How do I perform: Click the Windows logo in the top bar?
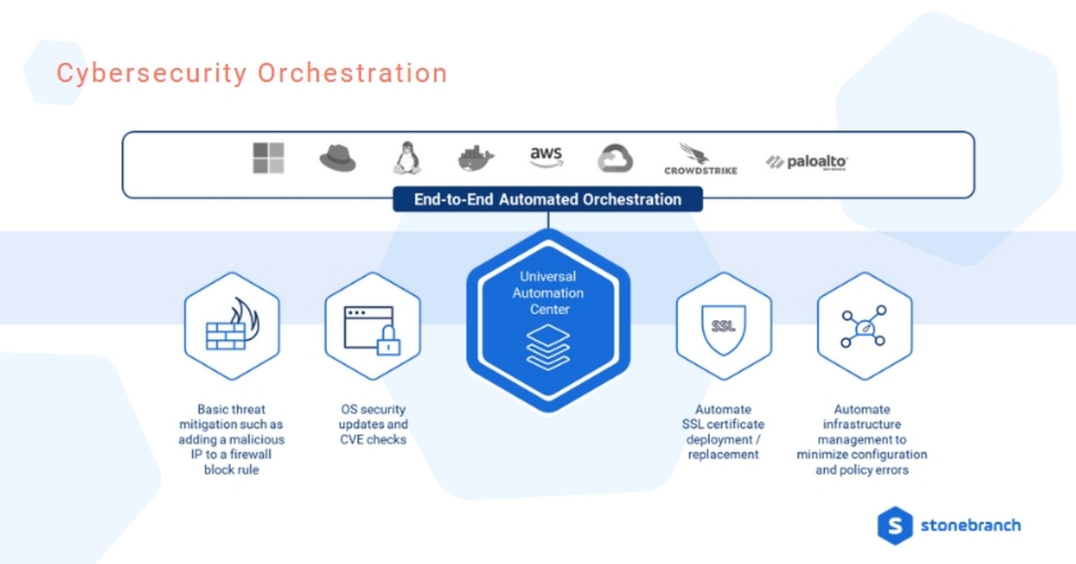(268, 158)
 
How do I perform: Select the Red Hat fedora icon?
(337, 159)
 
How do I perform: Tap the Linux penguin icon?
(407, 158)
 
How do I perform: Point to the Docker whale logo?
(475, 159)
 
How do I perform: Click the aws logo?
(546, 156)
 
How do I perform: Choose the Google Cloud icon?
(615, 159)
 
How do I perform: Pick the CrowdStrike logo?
(700, 159)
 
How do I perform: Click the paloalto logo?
(806, 162)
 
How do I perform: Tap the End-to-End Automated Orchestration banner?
(548, 200)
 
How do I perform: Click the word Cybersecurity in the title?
(151, 73)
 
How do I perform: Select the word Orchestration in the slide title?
(352, 73)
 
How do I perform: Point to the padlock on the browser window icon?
(388, 341)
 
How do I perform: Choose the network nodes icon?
(864, 326)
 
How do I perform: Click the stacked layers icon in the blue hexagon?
(548, 347)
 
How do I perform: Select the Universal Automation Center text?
(548, 293)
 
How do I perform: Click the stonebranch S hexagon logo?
(895, 525)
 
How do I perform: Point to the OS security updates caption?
(373, 424)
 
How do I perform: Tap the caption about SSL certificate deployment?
(723, 432)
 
